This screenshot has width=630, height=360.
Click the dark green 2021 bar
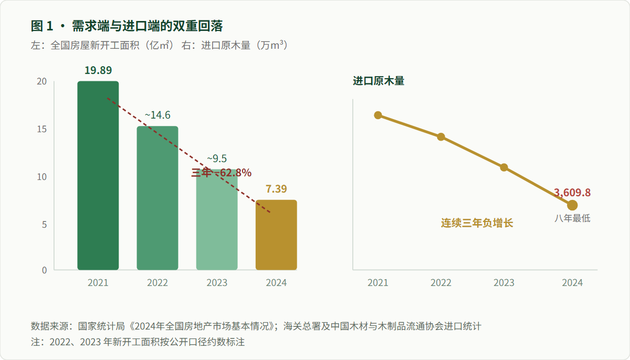tap(98, 176)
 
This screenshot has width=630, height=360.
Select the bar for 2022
tap(157, 198)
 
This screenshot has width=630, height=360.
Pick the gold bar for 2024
tap(276, 235)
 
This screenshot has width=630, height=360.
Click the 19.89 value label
tap(98, 70)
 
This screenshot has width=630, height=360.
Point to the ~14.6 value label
tap(157, 115)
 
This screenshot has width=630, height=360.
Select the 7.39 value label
tap(276, 189)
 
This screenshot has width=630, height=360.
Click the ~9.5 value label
tap(217, 158)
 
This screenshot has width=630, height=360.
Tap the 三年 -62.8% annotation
tap(222, 173)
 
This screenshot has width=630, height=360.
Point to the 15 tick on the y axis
tap(42, 129)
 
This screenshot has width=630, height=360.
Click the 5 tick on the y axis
tap(44, 225)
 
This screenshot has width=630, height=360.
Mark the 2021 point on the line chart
tap(378, 115)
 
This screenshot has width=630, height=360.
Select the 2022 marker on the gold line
tap(441, 137)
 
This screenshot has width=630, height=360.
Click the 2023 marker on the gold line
tap(504, 167)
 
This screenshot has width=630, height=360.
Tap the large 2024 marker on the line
tap(572, 205)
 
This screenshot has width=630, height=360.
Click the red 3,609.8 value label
tap(572, 193)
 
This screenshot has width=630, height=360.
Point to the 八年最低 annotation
tap(572, 218)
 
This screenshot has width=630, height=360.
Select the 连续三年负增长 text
tap(477, 223)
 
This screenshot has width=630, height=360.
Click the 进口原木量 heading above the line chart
tap(379, 81)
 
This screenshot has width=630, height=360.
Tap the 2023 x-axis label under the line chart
tap(504, 283)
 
